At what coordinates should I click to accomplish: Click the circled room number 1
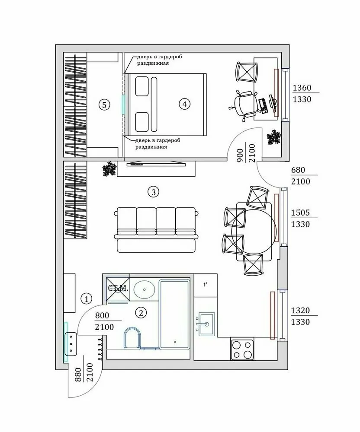point(87,299)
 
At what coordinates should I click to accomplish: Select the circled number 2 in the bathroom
point(140,312)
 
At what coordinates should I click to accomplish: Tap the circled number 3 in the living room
point(152,191)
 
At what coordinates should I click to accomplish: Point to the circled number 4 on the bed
point(184,104)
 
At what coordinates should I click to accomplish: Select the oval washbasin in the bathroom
point(144,289)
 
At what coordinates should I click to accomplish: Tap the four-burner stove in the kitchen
point(242,349)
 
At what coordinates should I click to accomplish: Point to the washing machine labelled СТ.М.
point(117,287)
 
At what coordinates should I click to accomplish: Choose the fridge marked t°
point(205,285)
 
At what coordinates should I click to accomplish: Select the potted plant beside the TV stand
point(109,169)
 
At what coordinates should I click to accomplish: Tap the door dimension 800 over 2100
point(104,321)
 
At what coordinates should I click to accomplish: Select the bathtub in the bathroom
point(174,314)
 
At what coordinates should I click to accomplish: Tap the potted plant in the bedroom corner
point(274,137)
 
